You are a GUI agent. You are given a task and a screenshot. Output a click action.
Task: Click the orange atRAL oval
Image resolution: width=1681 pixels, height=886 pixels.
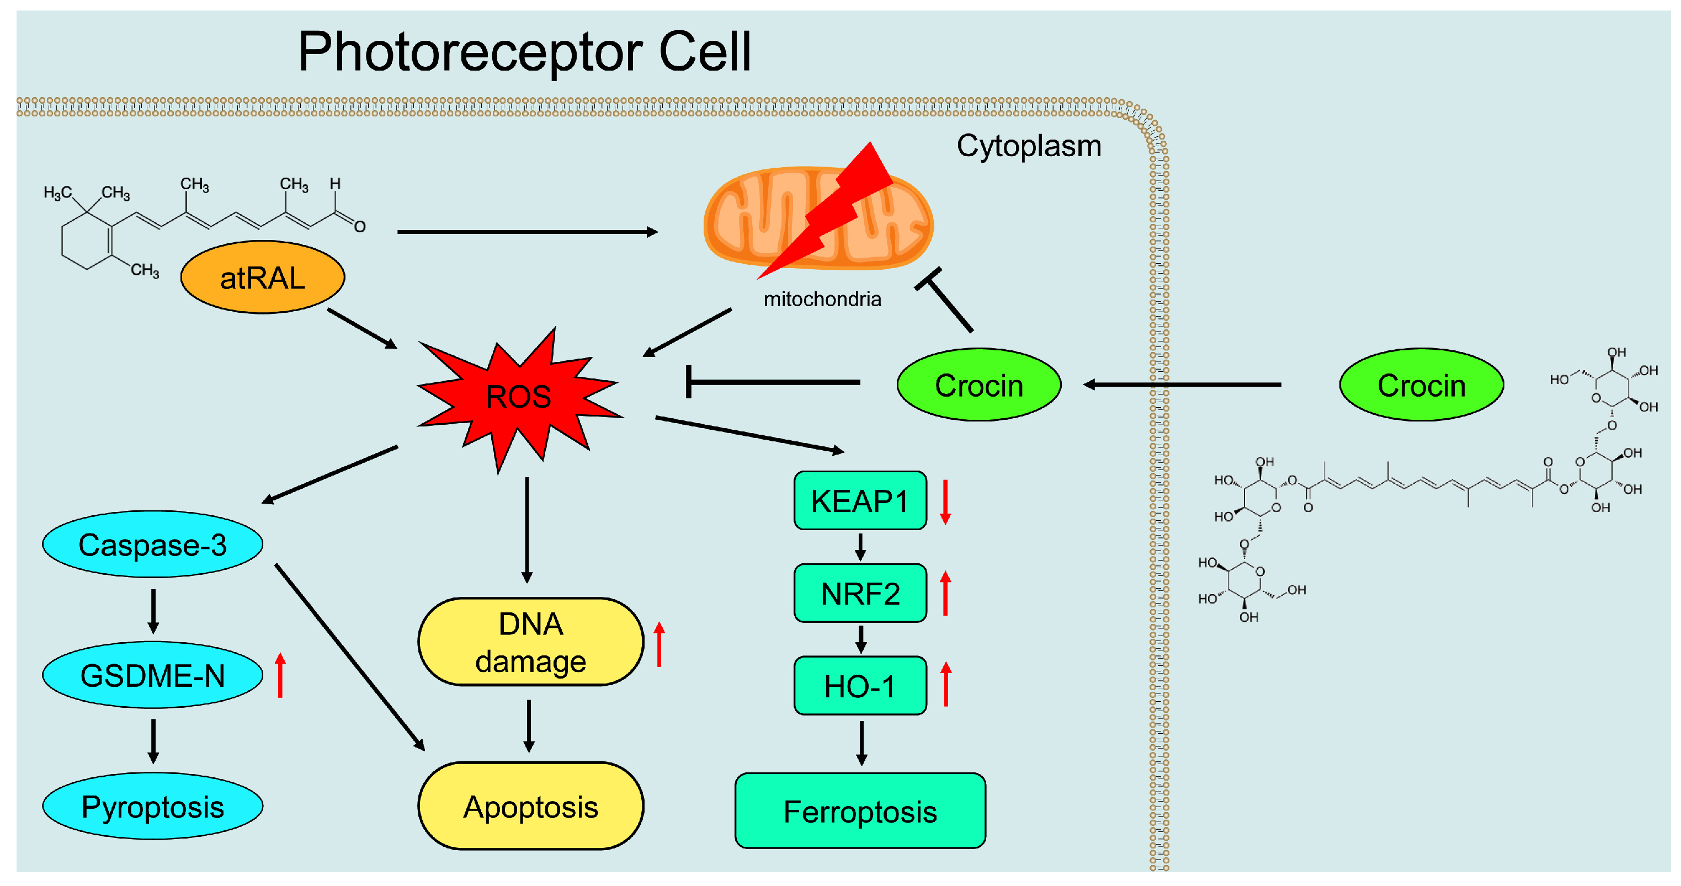point(262,277)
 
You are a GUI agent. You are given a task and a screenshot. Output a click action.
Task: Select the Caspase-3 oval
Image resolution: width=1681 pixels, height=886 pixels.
point(153,544)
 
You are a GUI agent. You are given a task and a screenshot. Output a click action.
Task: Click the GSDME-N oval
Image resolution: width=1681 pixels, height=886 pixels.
point(153,675)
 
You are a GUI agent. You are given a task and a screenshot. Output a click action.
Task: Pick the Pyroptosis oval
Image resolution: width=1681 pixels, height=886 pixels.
point(153,806)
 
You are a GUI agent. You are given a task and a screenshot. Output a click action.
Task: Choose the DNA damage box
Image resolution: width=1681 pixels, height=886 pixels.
point(530,642)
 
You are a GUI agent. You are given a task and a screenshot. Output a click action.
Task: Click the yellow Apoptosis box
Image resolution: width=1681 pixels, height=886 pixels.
point(530,807)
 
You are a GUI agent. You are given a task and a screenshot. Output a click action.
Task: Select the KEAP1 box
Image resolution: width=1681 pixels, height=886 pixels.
point(860,500)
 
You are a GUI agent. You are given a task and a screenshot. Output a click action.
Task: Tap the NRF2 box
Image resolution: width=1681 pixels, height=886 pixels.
point(860,593)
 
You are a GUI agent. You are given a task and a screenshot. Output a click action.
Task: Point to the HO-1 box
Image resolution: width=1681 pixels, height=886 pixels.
point(860,686)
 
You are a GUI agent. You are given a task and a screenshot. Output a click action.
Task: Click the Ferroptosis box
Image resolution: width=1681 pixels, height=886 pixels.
point(860,811)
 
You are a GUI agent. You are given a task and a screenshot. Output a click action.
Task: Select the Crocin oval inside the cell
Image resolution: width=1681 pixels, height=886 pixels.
point(979,385)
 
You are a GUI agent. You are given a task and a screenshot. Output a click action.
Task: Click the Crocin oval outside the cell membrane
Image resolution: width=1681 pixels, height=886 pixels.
point(1421,385)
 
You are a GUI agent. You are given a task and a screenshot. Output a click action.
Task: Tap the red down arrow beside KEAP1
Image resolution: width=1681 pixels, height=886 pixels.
point(945,503)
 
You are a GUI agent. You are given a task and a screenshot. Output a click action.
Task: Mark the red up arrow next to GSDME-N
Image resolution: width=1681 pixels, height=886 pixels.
point(280,675)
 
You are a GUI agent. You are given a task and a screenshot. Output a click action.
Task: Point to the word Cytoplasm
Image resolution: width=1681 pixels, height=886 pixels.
point(1029,146)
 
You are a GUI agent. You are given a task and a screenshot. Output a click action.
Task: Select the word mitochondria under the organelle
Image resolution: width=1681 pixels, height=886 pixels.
point(822,300)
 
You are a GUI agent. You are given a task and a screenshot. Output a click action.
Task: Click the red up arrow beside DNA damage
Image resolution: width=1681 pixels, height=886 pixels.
point(659,644)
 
